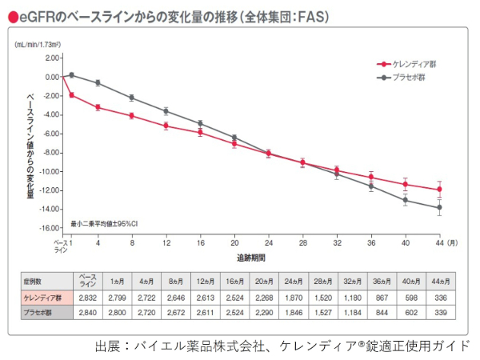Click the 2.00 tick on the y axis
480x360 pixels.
pos(53,58)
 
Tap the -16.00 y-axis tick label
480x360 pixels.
pos(50,229)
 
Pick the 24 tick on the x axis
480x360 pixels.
pos(269,242)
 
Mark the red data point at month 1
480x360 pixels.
pos(71,95)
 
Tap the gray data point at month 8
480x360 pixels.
pos(132,98)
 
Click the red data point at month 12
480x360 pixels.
pos(166,126)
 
